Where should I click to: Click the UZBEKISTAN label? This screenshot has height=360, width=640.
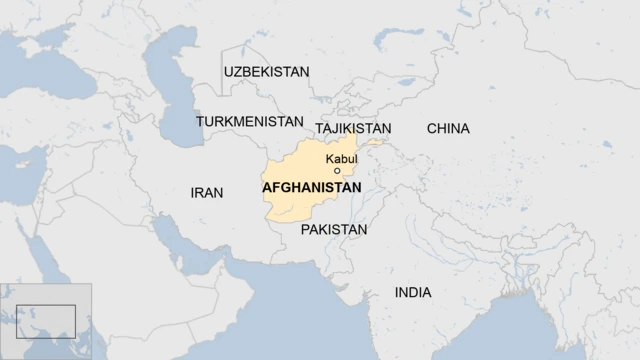267,71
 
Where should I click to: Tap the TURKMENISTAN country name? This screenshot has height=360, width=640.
249,121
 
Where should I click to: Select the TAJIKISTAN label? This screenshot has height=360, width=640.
353,129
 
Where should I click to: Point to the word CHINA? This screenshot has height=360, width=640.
448,129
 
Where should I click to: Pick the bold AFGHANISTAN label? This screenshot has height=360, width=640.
311,187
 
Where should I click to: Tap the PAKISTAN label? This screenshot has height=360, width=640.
334,230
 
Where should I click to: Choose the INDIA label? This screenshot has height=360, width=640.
413,293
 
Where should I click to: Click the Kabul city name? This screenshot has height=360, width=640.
341,159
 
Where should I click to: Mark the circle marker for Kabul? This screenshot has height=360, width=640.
337,171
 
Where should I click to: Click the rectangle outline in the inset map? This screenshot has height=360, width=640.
44,321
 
